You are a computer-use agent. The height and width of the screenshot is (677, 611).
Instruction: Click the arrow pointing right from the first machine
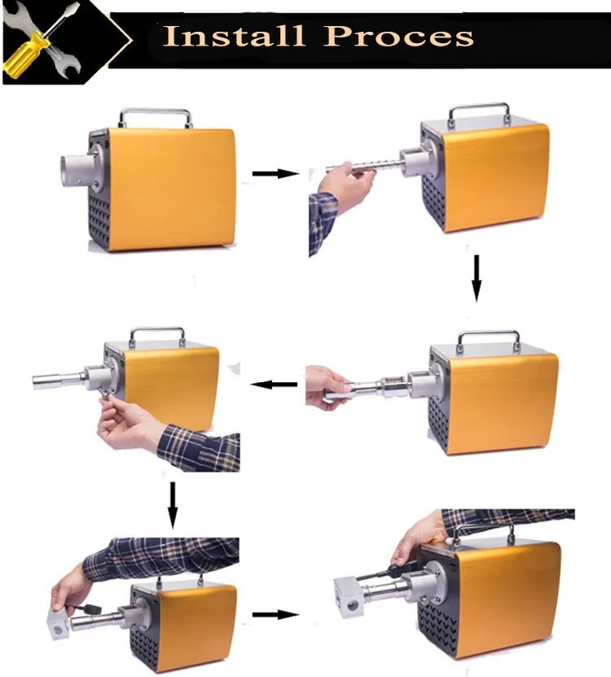275,174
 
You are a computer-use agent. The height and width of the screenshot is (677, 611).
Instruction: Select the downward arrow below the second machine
477,278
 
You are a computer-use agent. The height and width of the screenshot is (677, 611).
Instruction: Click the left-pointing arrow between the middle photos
274,384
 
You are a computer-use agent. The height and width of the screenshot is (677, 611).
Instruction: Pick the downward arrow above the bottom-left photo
173,505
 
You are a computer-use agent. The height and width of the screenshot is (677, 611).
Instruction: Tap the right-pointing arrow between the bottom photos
275,614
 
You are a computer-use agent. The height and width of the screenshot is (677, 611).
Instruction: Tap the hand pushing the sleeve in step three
328,387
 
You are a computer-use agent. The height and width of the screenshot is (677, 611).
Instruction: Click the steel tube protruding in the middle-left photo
59,380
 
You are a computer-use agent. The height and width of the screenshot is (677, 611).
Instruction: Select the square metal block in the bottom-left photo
59,623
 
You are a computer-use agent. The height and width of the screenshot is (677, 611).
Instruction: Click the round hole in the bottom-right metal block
353,605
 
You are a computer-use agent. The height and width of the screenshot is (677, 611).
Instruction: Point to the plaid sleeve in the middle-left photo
200,448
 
